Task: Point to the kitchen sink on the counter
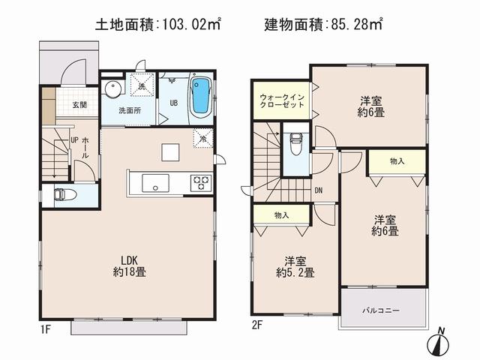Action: tap(155, 183)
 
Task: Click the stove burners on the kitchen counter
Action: tap(201, 182)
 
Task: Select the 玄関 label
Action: tap(79, 105)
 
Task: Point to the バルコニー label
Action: tap(382, 310)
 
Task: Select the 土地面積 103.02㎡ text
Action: tap(157, 24)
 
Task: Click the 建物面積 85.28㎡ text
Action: tap(322, 24)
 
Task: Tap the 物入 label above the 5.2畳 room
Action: tap(281, 215)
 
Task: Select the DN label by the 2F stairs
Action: tap(319, 190)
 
